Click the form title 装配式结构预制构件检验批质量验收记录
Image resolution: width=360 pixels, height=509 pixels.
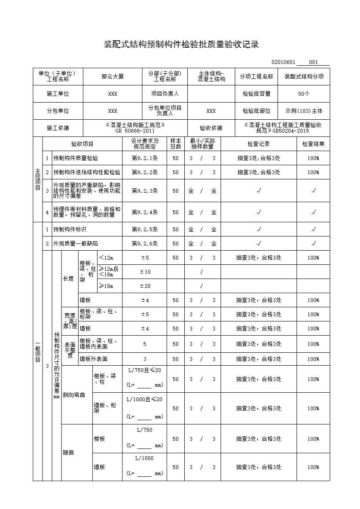(182, 45)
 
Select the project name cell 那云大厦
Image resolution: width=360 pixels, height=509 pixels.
(113, 77)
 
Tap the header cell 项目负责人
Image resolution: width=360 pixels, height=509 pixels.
(165, 94)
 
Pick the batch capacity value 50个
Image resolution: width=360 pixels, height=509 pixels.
(304, 94)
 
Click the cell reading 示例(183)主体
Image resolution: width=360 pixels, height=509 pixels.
(304, 111)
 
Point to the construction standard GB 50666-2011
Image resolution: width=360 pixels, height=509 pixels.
(135, 131)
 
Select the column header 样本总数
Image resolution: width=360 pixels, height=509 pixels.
(175, 144)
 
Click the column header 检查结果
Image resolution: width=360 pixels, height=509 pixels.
(313, 144)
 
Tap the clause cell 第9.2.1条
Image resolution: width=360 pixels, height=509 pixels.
(145, 158)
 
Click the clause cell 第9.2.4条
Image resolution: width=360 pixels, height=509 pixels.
(145, 212)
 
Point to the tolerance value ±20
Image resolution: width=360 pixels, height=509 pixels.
(145, 286)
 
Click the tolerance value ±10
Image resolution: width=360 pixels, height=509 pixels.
(145, 272)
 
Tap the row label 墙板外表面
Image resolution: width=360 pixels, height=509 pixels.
(93, 359)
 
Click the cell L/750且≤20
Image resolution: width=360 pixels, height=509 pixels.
(145, 370)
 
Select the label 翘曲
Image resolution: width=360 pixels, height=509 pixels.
(68, 453)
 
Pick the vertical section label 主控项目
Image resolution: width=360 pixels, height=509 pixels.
(38, 179)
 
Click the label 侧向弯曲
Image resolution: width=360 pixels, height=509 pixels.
(74, 394)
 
